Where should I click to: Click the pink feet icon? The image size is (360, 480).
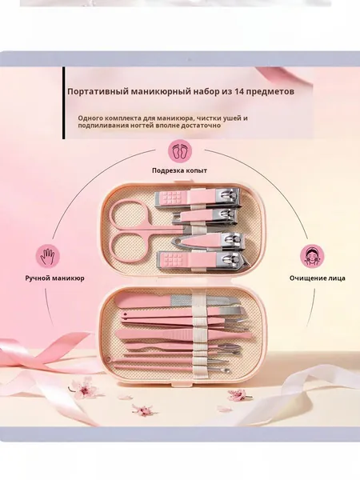tap(180, 151)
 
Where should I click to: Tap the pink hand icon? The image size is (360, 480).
tap(48, 255)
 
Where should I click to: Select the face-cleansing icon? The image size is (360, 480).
tap(312, 255)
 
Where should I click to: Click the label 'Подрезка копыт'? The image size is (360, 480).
tap(179, 170)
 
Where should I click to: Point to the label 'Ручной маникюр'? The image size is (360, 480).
tap(54, 278)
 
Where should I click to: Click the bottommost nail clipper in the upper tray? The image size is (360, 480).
tap(202, 261)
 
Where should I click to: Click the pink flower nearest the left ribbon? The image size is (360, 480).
tap(85, 389)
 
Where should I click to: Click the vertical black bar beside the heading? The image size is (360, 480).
tap(64, 103)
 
